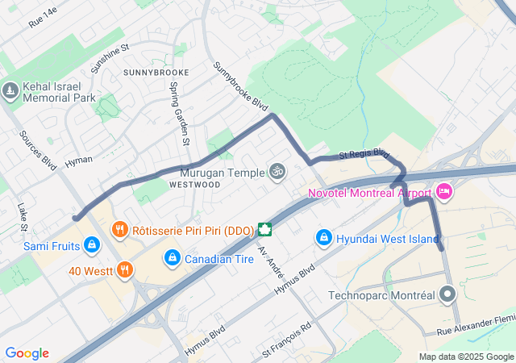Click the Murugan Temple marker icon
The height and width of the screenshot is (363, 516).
click(x=277, y=172)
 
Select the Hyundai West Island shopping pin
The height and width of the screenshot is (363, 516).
click(x=323, y=237)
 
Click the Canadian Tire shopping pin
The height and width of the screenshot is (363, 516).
click(x=171, y=258)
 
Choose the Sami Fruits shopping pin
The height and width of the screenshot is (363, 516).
click(x=92, y=244)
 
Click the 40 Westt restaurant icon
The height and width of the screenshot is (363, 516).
click(x=124, y=269)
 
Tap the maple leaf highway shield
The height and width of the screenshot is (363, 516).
click(x=264, y=229)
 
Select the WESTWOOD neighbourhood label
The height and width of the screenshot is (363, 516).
click(x=194, y=184)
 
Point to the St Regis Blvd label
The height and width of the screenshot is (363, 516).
click(x=364, y=153)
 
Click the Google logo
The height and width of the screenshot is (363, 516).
click(x=27, y=353)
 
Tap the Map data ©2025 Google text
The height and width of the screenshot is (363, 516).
click(x=465, y=357)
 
